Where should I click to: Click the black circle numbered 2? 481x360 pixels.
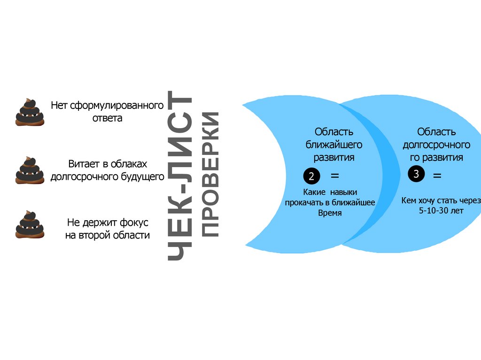(x=311, y=176)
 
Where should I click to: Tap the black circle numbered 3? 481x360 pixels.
(x=416, y=174)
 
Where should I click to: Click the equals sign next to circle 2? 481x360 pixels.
(x=334, y=176)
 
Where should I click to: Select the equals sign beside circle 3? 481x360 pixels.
(x=437, y=176)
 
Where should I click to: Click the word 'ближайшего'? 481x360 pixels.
(x=334, y=144)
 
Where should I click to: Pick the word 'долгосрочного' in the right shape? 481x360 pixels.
(x=436, y=144)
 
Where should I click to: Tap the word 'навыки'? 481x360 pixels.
(x=343, y=192)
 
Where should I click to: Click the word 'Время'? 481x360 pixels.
(x=329, y=213)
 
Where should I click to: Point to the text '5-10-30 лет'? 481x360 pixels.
(x=441, y=211)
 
